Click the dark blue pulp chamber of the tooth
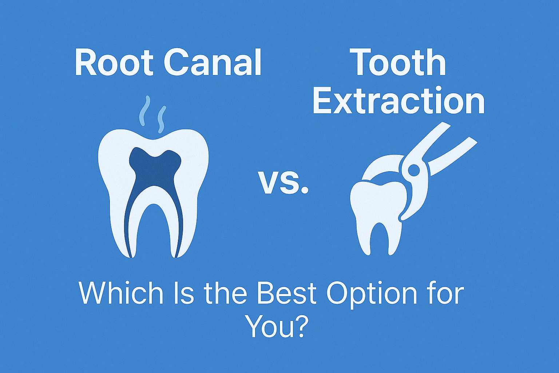pyautogui.click(x=155, y=168)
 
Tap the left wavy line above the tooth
pyautogui.click(x=145, y=110)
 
